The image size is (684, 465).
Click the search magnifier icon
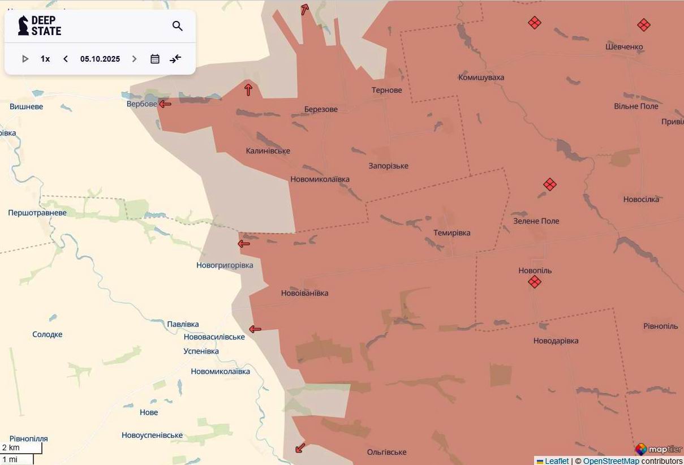click(178, 26)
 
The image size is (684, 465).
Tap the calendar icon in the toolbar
click(155, 59)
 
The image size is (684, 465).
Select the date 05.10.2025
click(100, 59)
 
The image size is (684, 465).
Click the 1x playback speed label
click(45, 59)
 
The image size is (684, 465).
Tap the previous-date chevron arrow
click(66, 59)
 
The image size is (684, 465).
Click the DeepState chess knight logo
click(23, 25)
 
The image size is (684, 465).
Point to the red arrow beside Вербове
click(165, 104)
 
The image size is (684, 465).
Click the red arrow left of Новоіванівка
click(255, 329)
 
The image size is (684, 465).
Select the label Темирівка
click(451, 232)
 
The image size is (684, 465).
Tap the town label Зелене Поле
click(536, 221)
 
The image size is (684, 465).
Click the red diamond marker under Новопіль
click(535, 282)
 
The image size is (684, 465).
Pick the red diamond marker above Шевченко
click(643, 25)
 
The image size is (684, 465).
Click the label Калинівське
click(268, 150)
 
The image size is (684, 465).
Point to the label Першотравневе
click(37, 213)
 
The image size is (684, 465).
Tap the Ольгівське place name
click(386, 452)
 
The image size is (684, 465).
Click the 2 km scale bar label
click(11, 447)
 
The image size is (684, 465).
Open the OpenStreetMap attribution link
click(611, 461)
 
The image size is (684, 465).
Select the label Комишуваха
click(481, 77)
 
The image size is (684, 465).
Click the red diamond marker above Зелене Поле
click(549, 184)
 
